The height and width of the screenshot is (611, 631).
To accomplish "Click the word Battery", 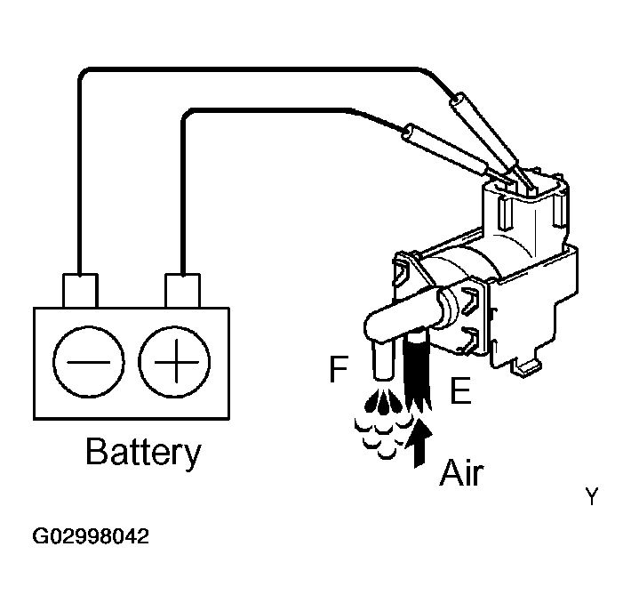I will coord(142,453).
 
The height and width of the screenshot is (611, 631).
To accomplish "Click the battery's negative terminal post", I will coord(80,291).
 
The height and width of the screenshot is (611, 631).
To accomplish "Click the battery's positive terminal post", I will coord(182,291).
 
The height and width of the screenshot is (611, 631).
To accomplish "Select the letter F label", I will coord(338,370).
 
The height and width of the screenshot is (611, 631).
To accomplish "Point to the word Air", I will coord(461,472).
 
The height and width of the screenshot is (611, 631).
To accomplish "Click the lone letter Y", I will coord(592,497).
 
